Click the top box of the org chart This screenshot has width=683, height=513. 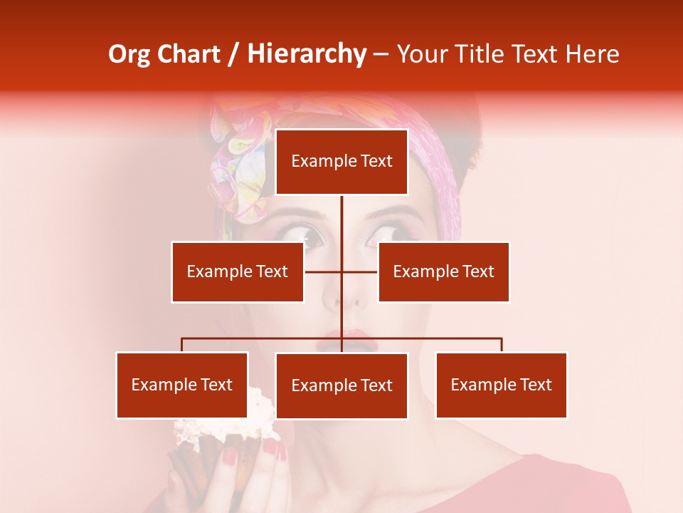coord(341,162)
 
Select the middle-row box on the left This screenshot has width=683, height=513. coord(238,271)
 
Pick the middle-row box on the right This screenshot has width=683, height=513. coord(443,271)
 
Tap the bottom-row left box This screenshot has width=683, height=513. coord(182,385)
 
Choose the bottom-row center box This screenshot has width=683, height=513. coord(341,385)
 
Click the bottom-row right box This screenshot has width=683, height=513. coord(501,385)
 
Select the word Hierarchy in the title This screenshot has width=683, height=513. coord(307,54)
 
